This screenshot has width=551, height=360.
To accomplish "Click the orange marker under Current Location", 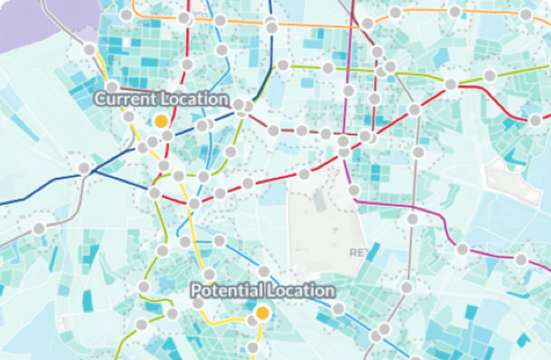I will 161,120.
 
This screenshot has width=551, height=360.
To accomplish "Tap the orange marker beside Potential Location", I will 262,313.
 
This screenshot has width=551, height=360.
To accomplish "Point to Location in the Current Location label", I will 196,99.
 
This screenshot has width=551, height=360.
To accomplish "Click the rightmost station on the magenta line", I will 521,260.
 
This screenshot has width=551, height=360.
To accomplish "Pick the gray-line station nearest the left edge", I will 39,229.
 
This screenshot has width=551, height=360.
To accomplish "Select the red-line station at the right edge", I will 536,119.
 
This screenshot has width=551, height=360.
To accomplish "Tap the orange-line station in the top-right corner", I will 525,16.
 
